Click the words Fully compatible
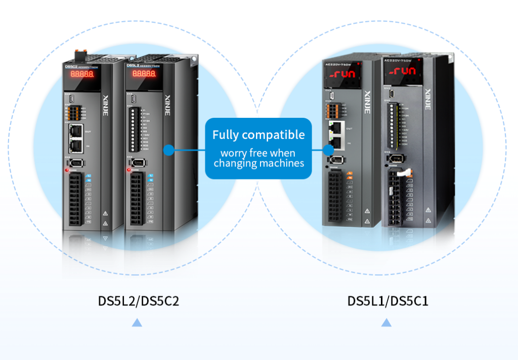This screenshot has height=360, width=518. point(258,135)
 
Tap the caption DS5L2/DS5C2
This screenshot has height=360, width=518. point(139,301)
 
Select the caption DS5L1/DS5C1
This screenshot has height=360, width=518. point(387,301)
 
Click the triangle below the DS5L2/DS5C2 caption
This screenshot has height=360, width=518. point(137,323)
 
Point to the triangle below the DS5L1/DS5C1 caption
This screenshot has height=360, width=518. point(386,323)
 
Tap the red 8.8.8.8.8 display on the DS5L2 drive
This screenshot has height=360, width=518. point(144,74)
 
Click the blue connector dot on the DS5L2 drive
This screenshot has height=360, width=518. point(169,150)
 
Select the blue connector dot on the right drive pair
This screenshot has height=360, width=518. point(328,150)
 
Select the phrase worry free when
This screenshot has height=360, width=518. point(258,153)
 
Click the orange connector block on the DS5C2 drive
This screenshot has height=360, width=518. point(74,112)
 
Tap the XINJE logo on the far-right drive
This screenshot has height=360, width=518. point(428,99)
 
